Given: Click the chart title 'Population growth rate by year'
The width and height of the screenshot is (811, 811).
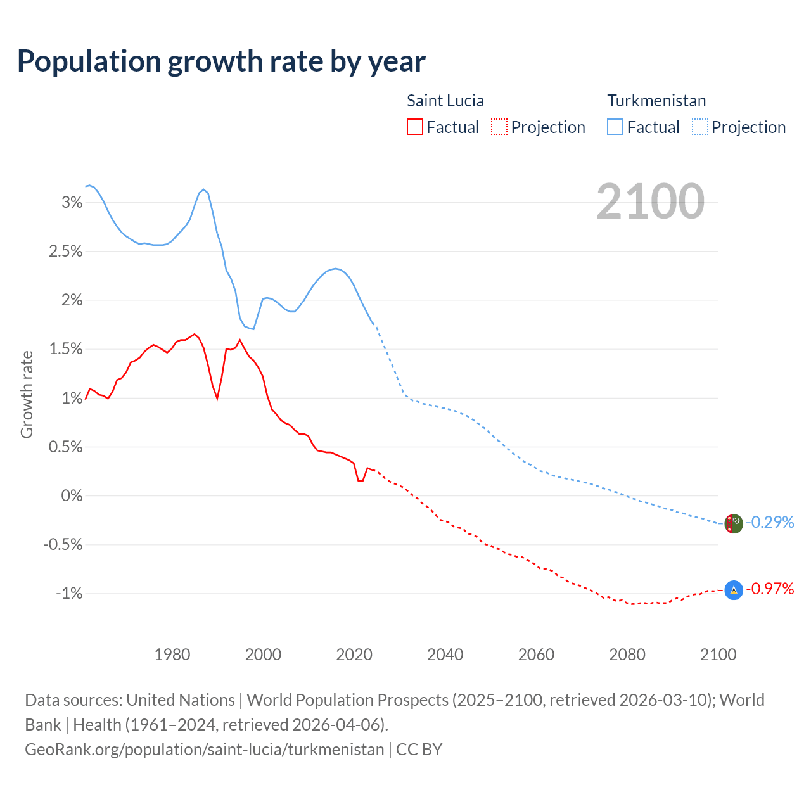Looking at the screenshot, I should tap(221, 61).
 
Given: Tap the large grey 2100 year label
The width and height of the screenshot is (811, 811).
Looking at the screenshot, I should tap(650, 201).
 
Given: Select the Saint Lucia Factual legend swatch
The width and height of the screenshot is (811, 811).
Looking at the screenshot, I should tap(415, 127).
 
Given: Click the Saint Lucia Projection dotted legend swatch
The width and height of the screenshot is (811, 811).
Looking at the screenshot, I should tap(499, 127).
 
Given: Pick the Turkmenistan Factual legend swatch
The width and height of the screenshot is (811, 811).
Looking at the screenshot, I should tap(615, 127).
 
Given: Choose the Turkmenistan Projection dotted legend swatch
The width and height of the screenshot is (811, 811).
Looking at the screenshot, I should tap(699, 127).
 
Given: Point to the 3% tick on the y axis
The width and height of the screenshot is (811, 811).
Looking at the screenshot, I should tap(72, 203).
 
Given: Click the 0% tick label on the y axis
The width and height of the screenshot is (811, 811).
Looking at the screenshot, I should tap(72, 496).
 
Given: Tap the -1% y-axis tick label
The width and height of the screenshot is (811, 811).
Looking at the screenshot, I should tap(69, 594).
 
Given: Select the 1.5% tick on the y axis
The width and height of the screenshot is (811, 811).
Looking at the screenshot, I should tap(66, 349).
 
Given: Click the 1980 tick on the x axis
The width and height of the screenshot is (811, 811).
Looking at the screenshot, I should tap(172, 655).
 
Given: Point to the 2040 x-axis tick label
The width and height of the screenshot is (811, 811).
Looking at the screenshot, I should tap(445, 655).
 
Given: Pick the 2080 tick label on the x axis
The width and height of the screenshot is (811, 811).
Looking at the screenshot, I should tap(627, 655).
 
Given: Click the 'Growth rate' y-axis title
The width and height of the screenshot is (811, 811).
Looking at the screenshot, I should tap(27, 394).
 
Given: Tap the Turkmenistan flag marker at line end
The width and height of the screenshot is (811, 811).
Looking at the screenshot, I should tap(733, 524).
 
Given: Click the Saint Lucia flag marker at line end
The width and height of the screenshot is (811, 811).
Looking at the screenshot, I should tap(733, 590).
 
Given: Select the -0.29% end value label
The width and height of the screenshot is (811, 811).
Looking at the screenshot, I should tap(770, 522).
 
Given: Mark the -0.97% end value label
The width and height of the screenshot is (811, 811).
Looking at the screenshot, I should tap(770, 589).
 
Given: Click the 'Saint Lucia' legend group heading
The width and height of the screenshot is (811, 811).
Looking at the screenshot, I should tap(445, 101).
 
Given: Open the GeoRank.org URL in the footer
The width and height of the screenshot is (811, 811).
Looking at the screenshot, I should tap(204, 750).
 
